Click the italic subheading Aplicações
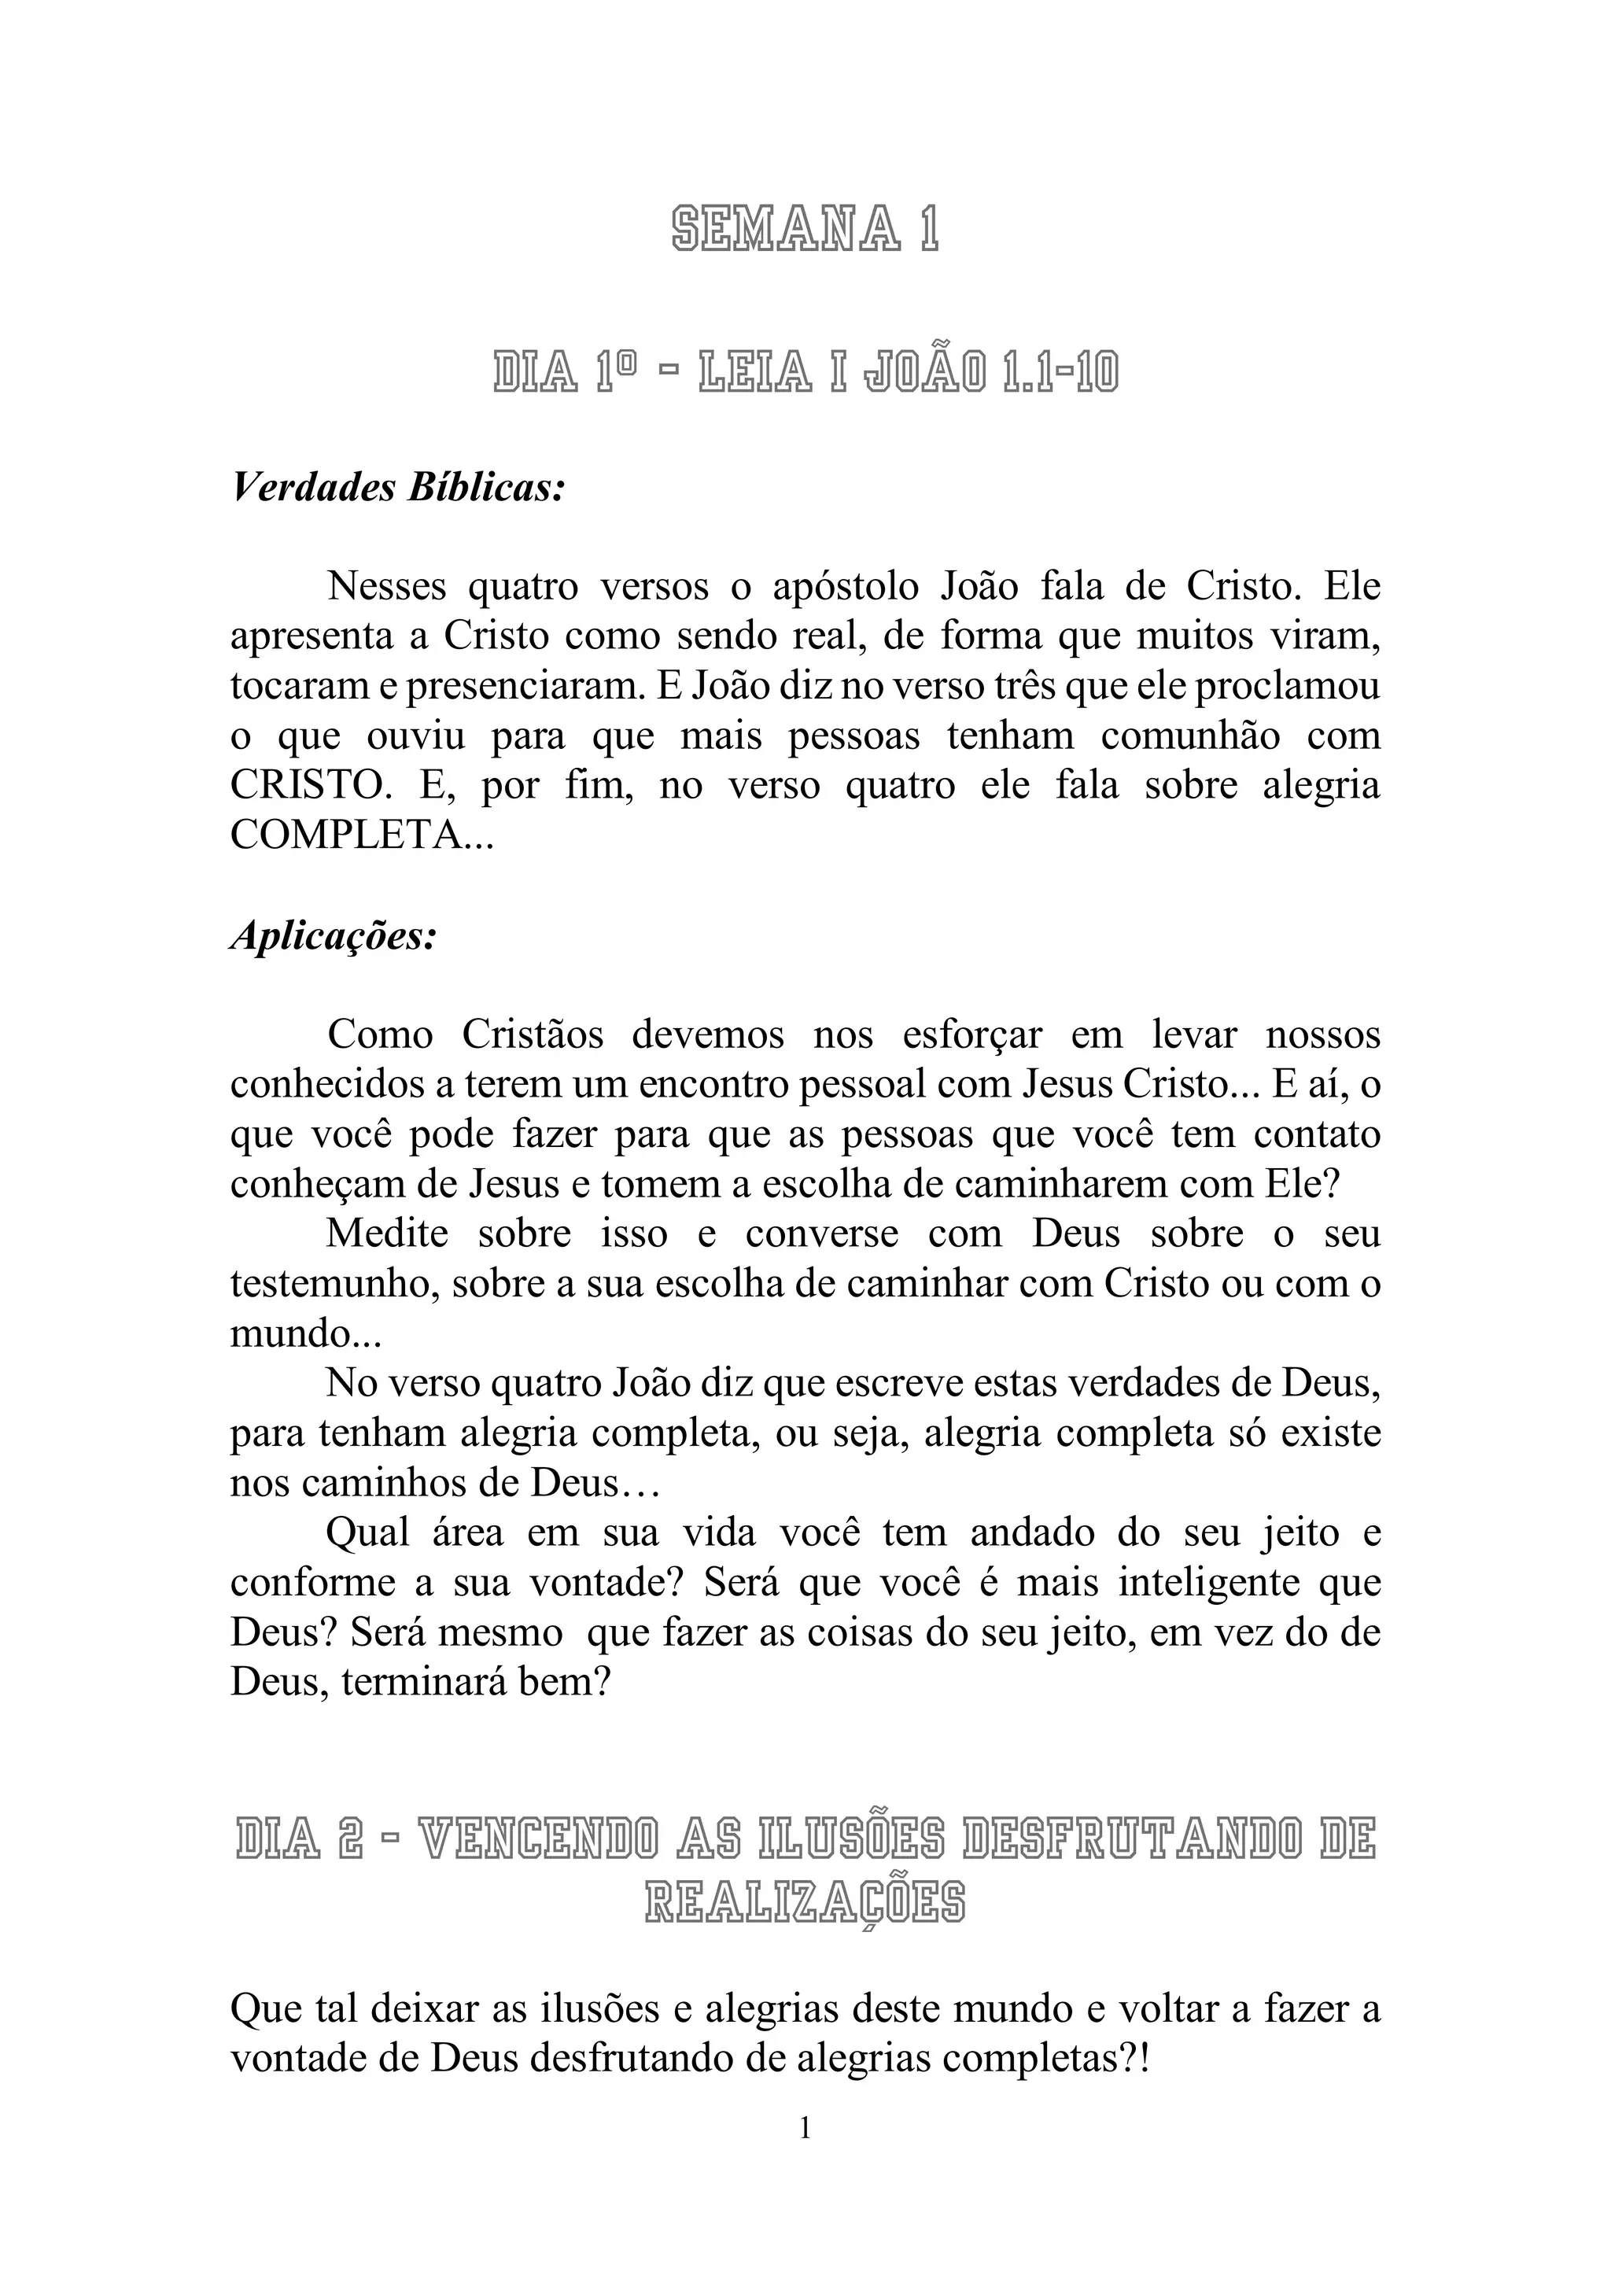(334, 936)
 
